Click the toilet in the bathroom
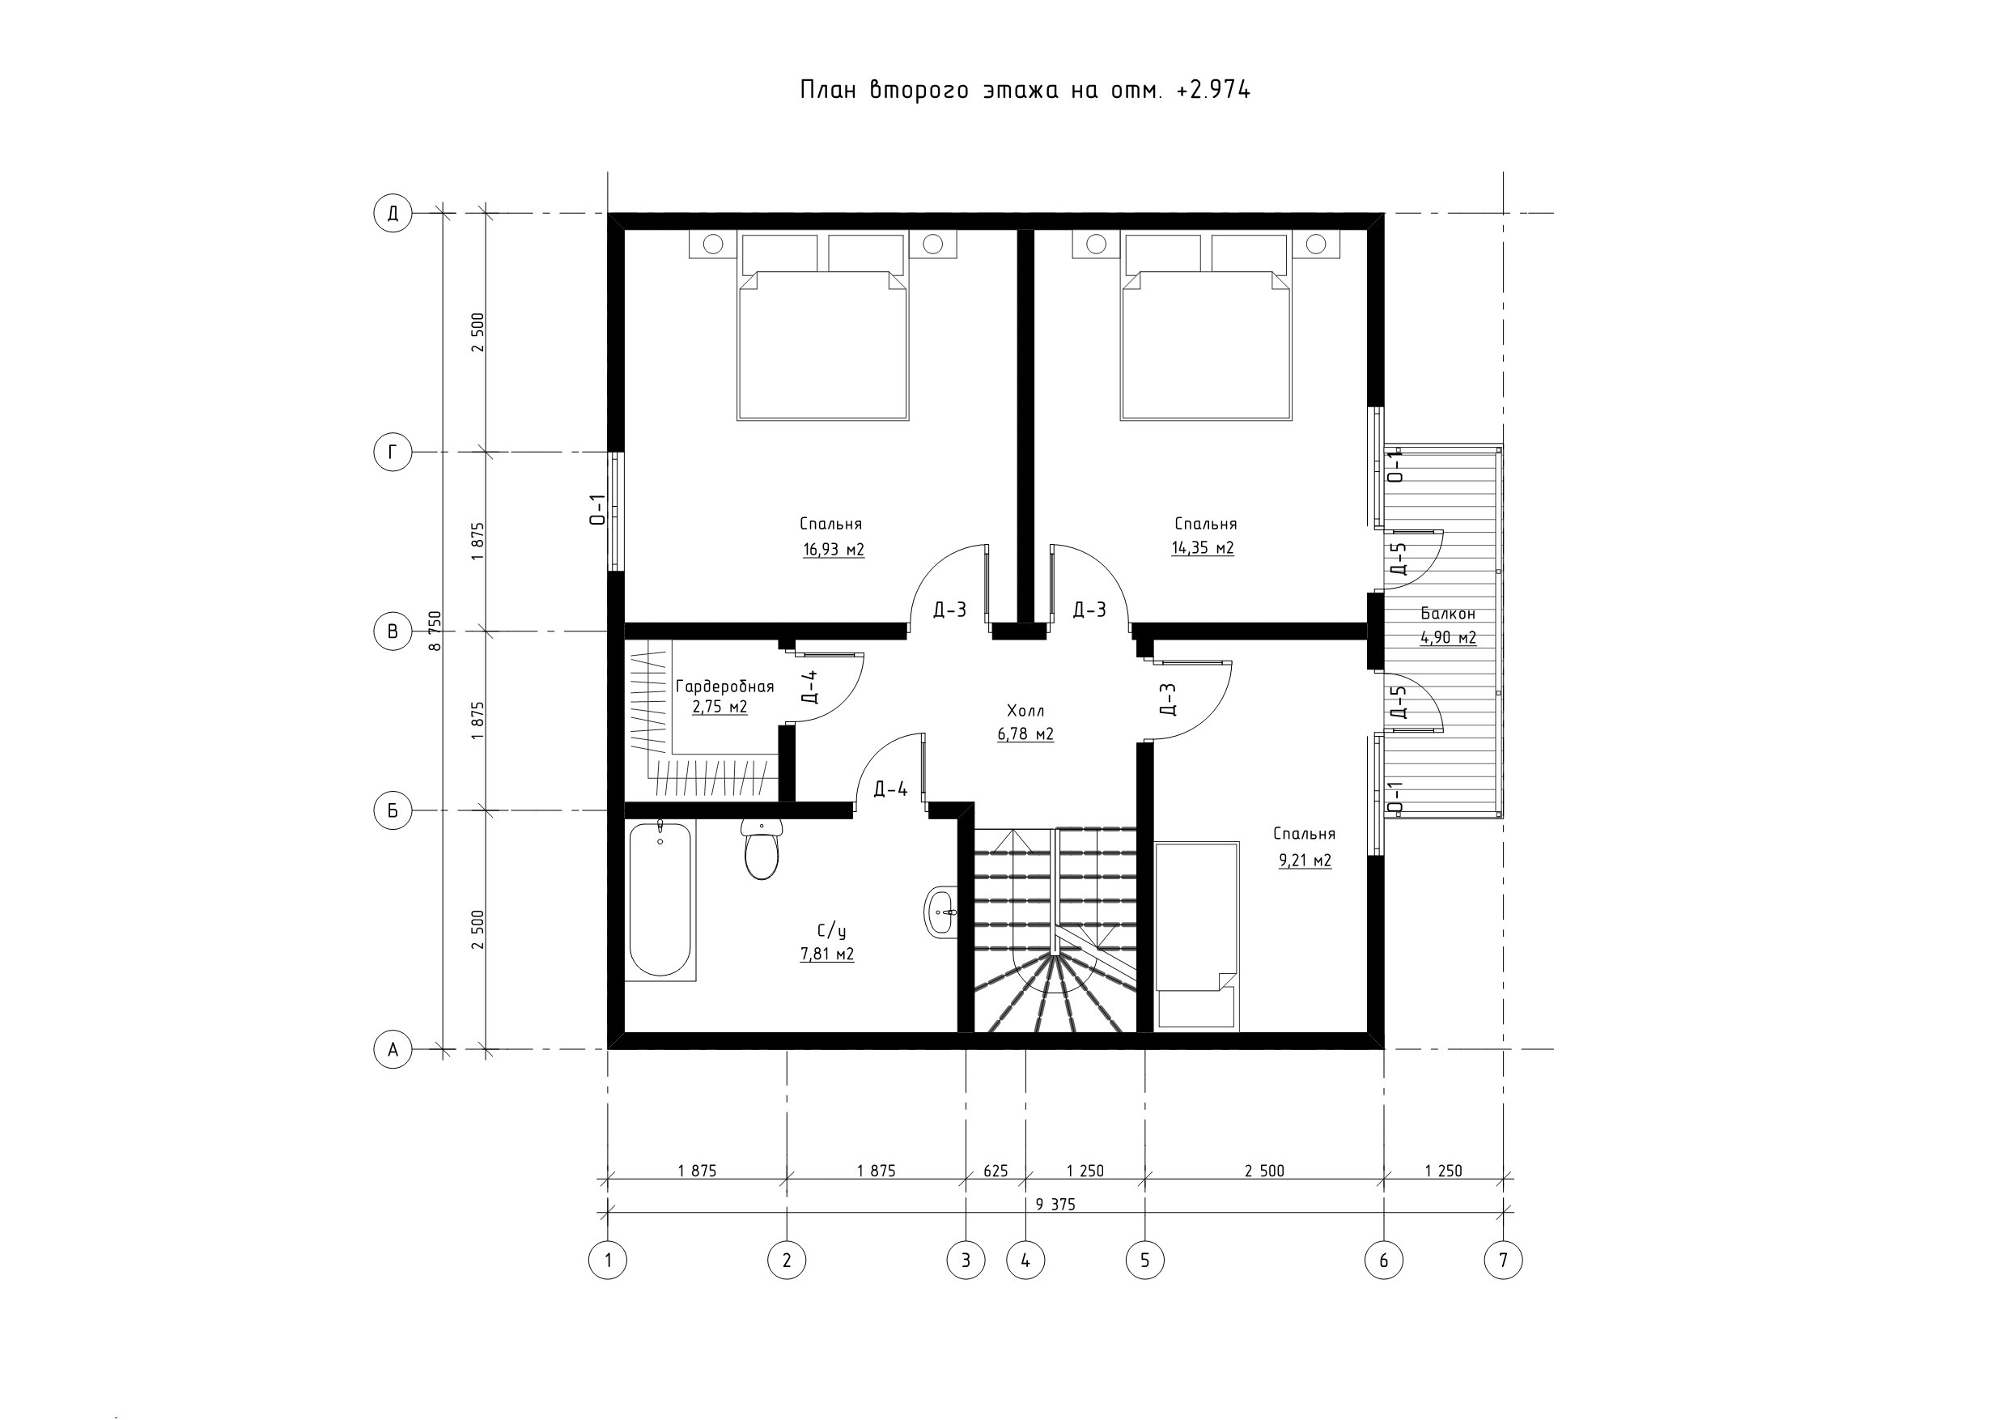click(x=762, y=848)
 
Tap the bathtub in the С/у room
click(x=661, y=900)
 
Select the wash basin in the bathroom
click(x=941, y=912)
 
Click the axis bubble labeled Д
click(x=393, y=213)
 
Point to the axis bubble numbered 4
click(x=1026, y=1260)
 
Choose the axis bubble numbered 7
click(x=1504, y=1260)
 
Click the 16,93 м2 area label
click(x=834, y=550)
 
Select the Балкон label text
click(x=1448, y=614)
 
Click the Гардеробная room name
click(x=725, y=686)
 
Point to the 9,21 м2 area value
click(x=1305, y=860)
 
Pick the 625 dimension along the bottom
click(x=996, y=1171)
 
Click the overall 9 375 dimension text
click(x=1055, y=1204)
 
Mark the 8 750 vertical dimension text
click(x=435, y=631)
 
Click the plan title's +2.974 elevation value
click(x=1214, y=89)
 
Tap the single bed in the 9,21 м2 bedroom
click(x=1196, y=934)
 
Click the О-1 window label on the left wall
click(x=597, y=509)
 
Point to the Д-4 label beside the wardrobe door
click(x=810, y=687)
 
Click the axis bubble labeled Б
click(x=393, y=810)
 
